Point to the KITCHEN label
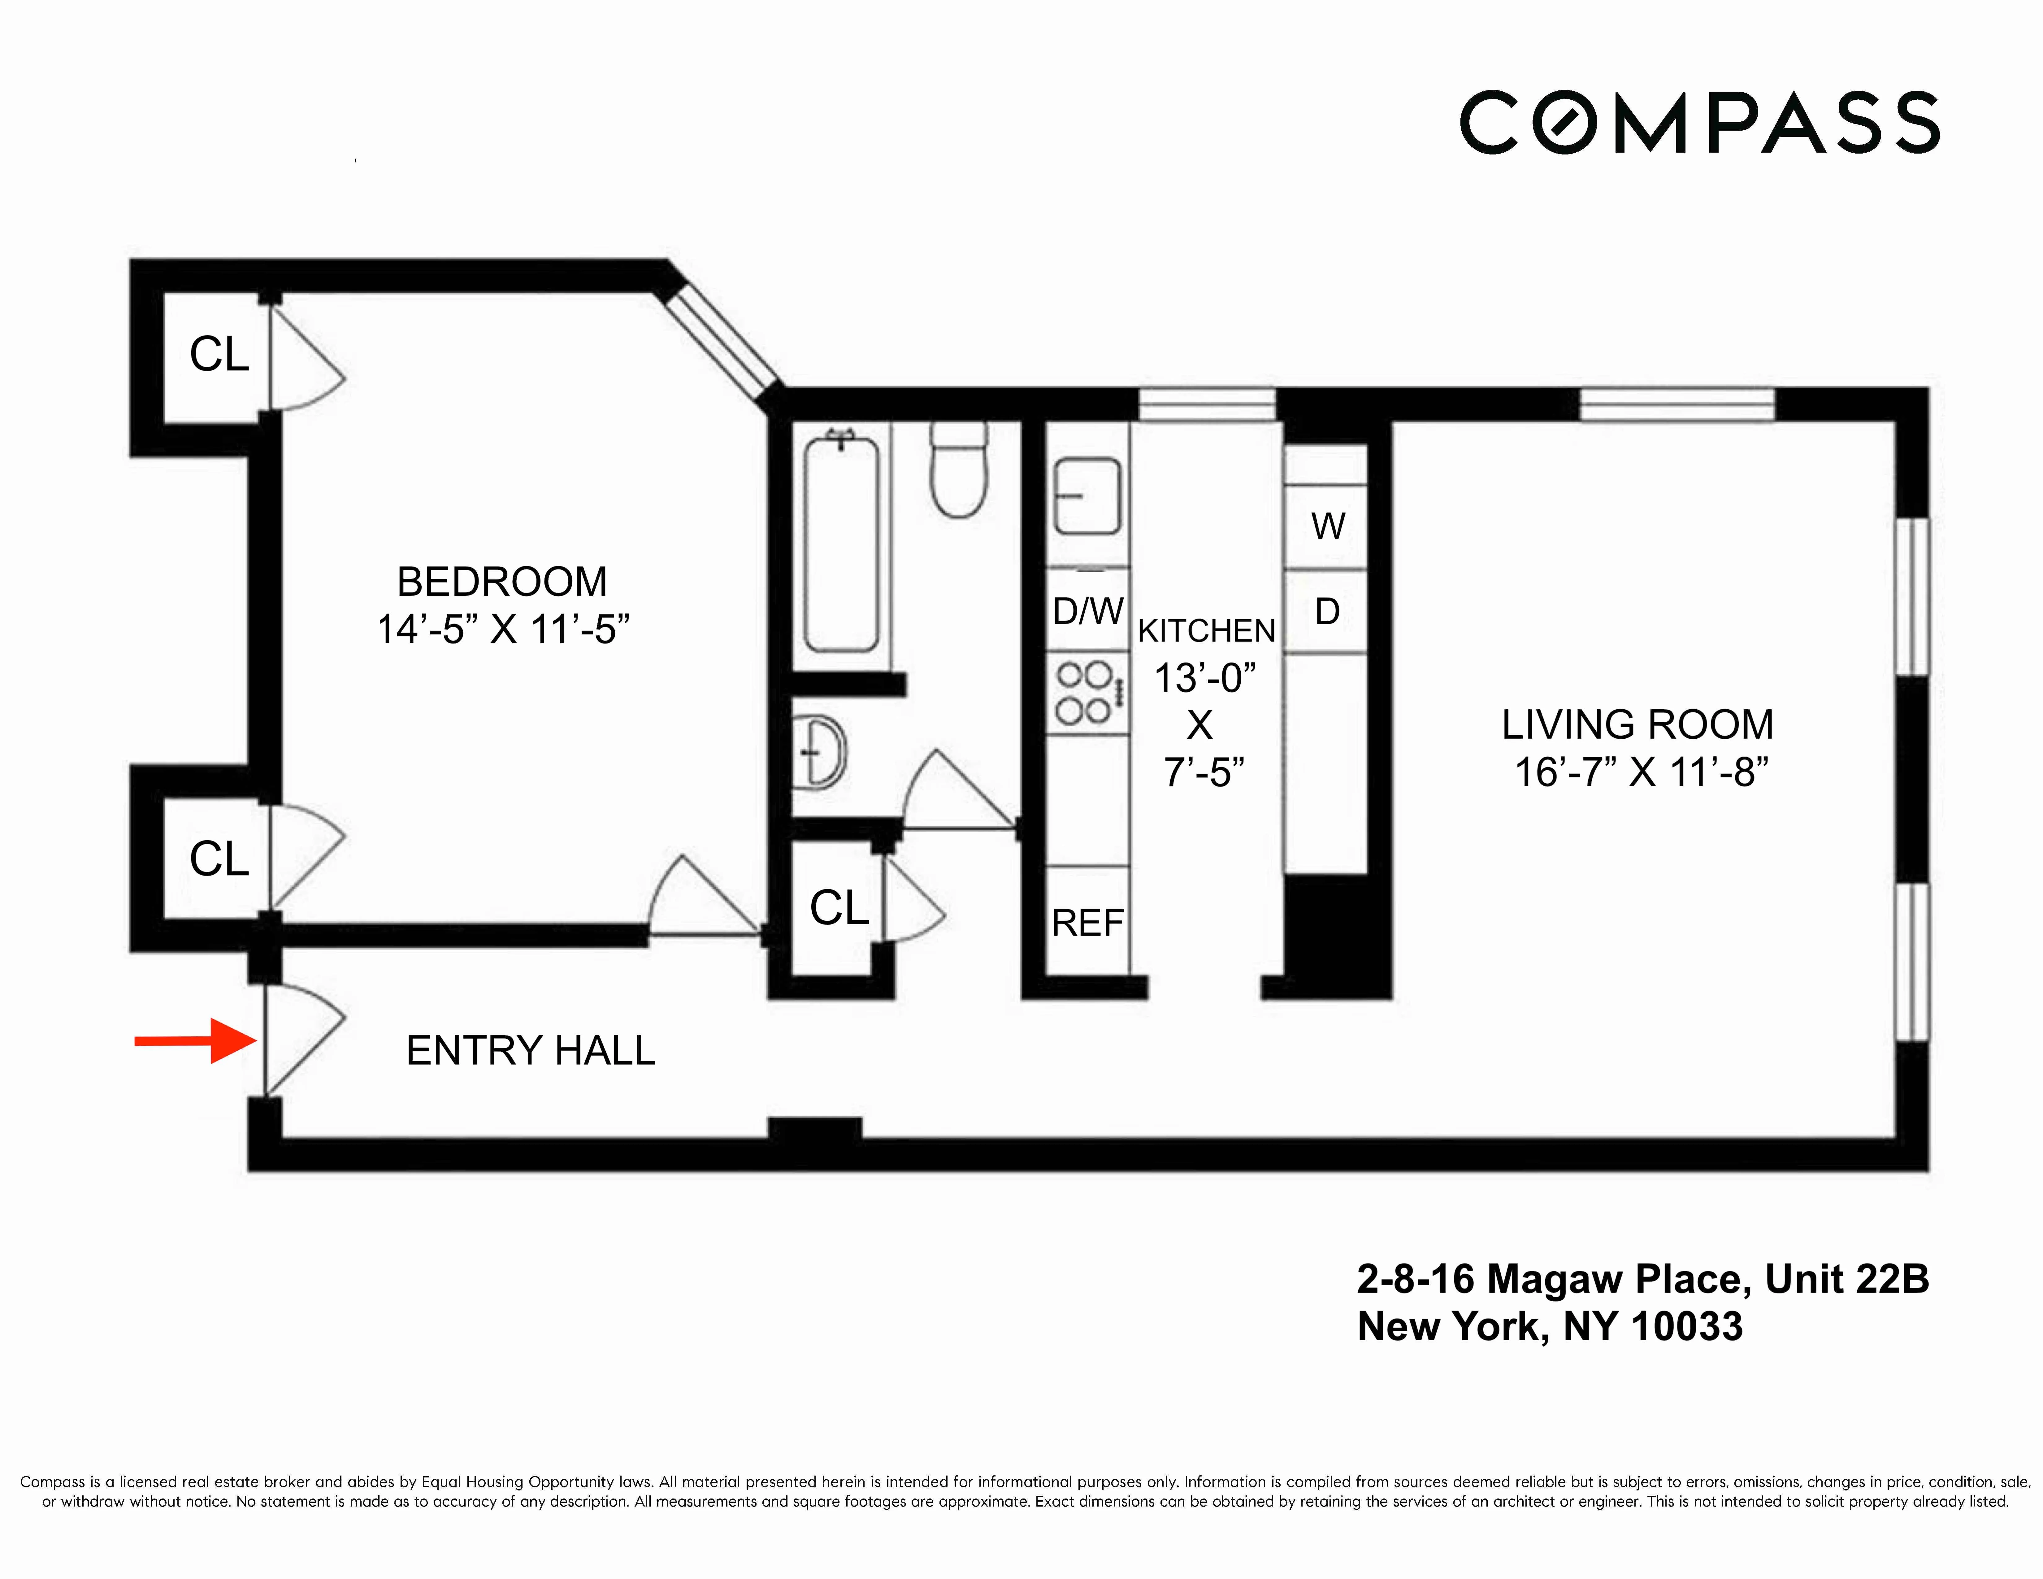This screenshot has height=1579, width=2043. (x=1206, y=631)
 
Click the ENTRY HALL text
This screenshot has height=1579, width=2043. (x=530, y=1050)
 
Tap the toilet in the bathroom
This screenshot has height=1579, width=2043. (x=959, y=472)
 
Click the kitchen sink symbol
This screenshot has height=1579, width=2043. (x=1087, y=496)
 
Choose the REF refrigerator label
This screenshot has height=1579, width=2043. (x=1087, y=923)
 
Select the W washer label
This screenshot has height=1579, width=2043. (x=1327, y=527)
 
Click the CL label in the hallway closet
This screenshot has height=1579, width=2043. (x=839, y=907)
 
